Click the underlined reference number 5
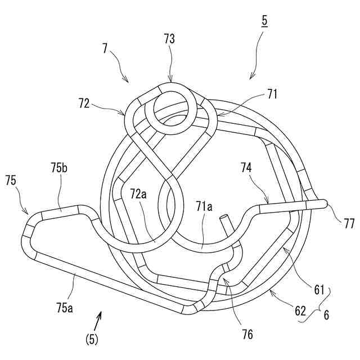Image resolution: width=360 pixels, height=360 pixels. tap(264, 23)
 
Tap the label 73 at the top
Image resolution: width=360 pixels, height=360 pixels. tap(169, 39)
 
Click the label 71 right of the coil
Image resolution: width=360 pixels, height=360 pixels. tap(272, 94)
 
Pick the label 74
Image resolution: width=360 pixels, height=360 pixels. tap(246, 167)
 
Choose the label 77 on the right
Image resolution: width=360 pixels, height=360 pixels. tap(349, 223)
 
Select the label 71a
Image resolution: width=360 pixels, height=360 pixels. tap(203, 208)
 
